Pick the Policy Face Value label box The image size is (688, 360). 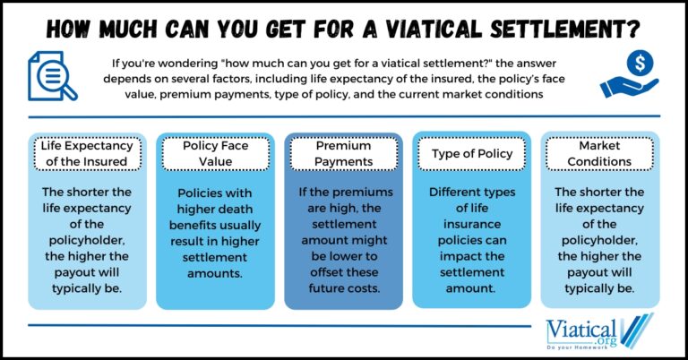coord(215,153)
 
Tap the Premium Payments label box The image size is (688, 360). coord(344,153)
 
